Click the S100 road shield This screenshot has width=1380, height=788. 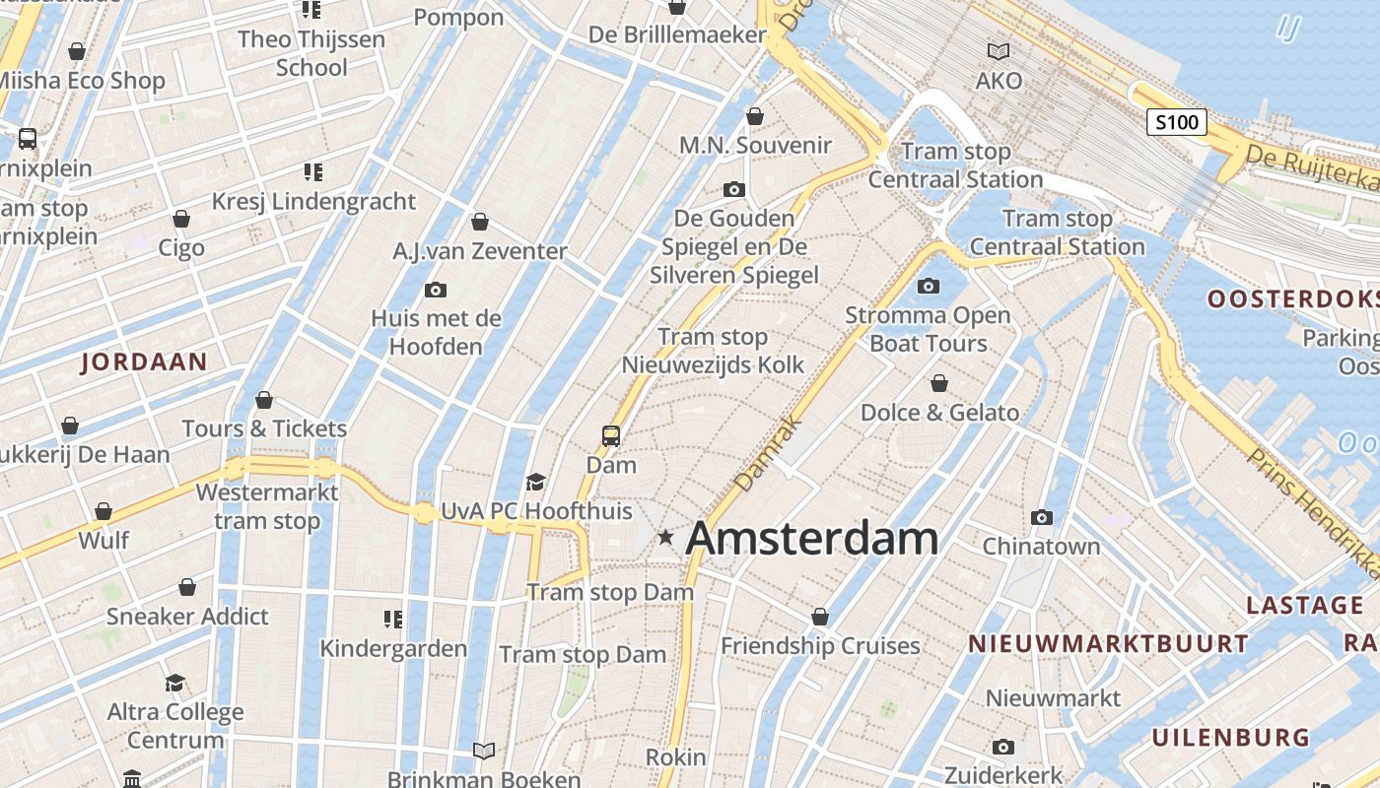pos(1177,122)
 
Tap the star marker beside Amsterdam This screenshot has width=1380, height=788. pos(666,537)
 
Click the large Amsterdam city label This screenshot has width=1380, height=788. pos(811,538)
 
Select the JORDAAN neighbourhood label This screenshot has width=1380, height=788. pos(144,361)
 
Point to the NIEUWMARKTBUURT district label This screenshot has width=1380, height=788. pos(1108,644)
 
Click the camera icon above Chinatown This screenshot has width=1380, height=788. pos(1041,517)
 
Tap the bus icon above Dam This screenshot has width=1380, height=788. pos(611,434)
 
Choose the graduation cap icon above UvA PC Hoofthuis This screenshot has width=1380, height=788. pos(535,482)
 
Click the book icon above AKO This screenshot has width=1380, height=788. pos(999,51)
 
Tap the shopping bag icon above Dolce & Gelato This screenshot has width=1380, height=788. pos(939,382)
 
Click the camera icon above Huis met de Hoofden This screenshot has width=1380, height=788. pos(435,290)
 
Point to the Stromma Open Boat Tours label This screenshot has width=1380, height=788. pos(928,329)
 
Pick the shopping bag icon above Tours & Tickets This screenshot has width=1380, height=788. pos(263,400)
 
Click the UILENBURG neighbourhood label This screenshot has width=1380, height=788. pos(1231,737)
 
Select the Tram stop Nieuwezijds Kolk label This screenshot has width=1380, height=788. pos(713,351)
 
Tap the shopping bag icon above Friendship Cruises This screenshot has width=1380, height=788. pos(819,617)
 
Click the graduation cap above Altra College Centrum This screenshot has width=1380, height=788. pos(174,683)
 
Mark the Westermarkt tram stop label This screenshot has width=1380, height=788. pos(267,506)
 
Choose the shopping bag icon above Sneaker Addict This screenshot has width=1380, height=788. pos(187,587)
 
